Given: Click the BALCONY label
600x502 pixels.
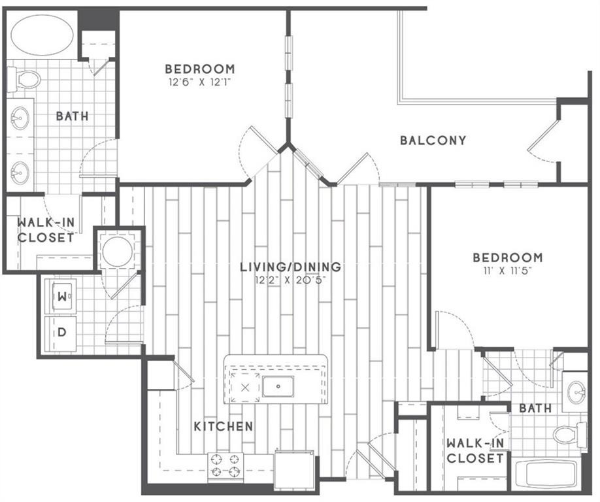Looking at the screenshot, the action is coord(433,141).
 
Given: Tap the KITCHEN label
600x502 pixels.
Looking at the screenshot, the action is coord(224,426).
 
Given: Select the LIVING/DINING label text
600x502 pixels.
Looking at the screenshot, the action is coord(290,267).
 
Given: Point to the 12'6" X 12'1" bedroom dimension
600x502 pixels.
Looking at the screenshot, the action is coord(200,82).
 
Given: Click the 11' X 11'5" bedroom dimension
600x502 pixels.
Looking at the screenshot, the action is coord(508,271).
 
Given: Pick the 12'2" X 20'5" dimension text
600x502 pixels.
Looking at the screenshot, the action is coord(290,280).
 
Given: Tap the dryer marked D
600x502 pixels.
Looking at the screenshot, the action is coord(61,333).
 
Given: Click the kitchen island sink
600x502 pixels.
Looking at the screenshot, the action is coord(278,386).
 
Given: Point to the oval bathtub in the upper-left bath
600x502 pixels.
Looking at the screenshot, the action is coord(42,35).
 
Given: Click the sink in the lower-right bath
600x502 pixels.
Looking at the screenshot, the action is coord(576,392).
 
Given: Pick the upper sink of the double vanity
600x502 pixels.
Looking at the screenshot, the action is coord(19,118).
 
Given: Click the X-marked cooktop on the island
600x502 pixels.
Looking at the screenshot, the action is coord(245,387).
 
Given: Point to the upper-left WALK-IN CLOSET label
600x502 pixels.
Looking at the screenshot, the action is coord(46,230).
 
